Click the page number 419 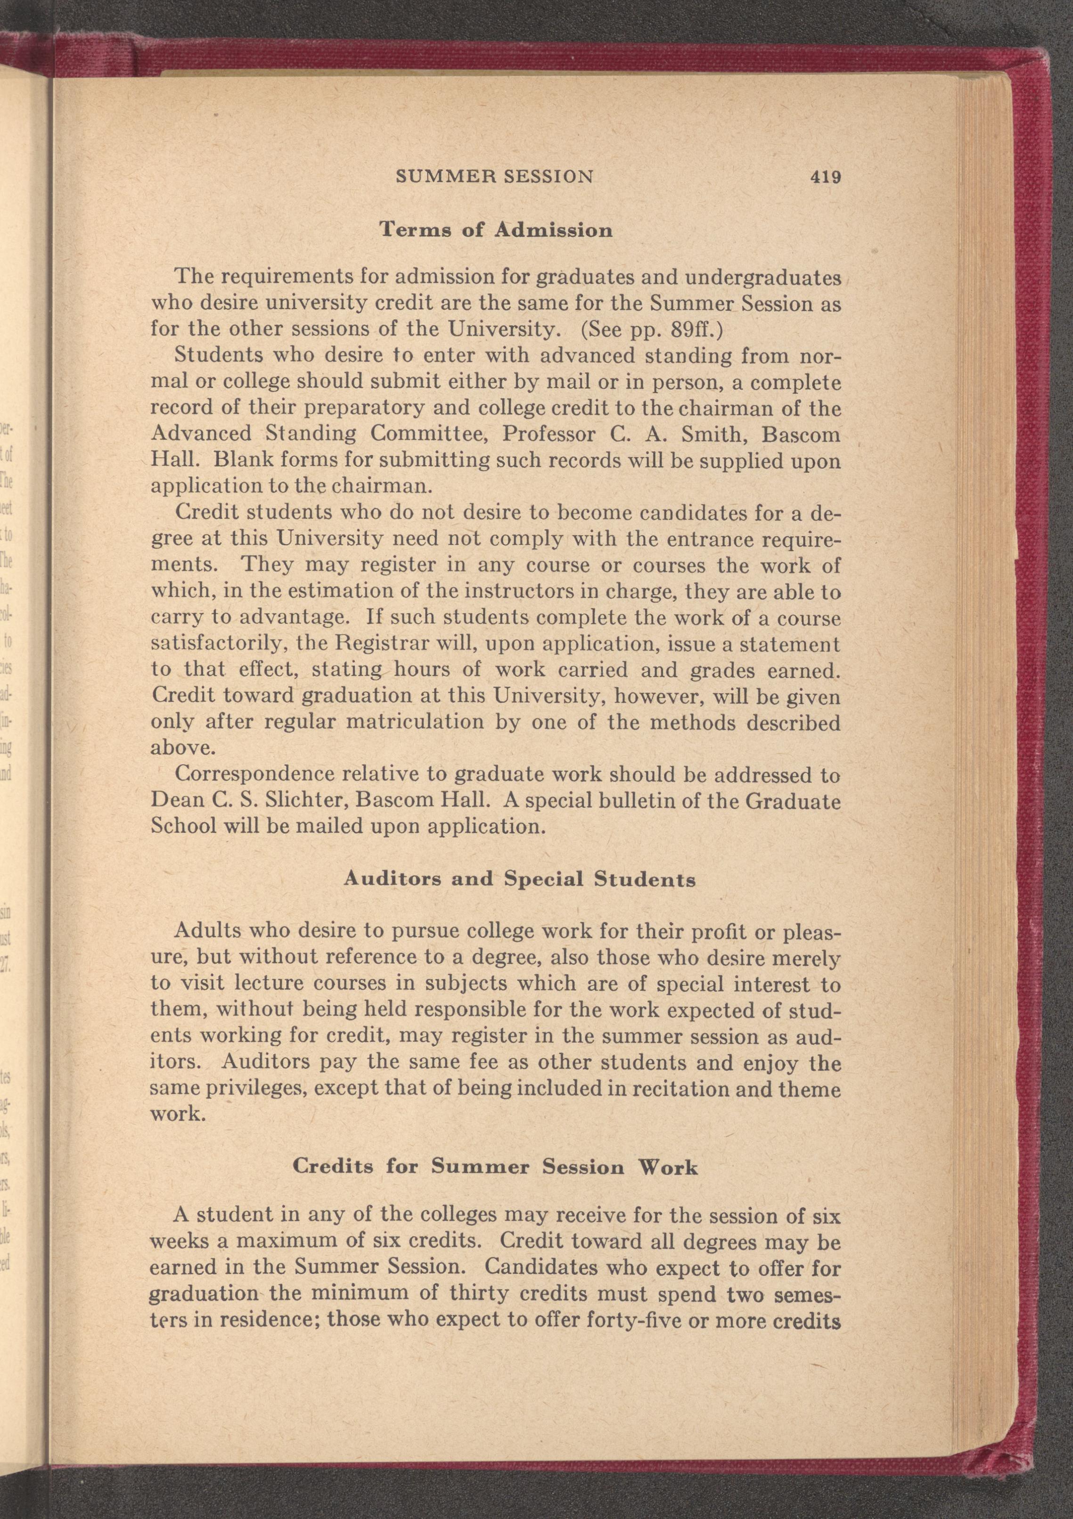(x=823, y=177)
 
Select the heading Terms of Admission (x=495, y=230)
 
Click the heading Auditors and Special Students (x=519, y=879)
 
